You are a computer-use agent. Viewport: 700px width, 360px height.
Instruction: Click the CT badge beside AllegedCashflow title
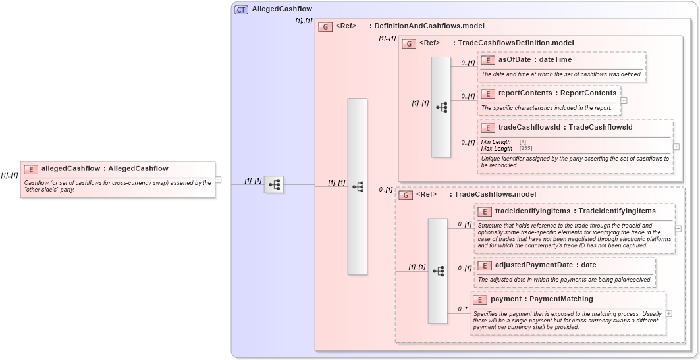[x=242, y=9]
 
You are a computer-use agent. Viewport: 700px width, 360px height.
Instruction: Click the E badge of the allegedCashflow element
[x=31, y=168]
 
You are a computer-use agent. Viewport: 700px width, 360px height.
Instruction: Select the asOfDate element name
[x=514, y=60]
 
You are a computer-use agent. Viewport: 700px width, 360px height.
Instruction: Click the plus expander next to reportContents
[x=624, y=101]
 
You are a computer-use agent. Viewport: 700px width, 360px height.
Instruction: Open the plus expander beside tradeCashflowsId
[x=676, y=147]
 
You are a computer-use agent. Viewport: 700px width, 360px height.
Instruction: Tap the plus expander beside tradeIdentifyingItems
[x=678, y=228]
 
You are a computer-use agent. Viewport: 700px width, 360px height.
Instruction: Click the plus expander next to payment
[x=669, y=313]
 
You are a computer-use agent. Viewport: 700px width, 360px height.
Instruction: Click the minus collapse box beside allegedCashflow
[x=218, y=179]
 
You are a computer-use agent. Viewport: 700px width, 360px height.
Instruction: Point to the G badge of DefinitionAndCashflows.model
[x=325, y=26]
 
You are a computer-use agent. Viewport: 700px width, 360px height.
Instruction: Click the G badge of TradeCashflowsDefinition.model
[x=408, y=43]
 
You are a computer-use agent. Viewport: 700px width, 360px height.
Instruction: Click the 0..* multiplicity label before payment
[x=462, y=309]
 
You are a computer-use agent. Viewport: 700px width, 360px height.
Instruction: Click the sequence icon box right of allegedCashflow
[x=273, y=185]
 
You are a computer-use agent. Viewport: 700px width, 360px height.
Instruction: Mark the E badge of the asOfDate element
[x=488, y=61]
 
